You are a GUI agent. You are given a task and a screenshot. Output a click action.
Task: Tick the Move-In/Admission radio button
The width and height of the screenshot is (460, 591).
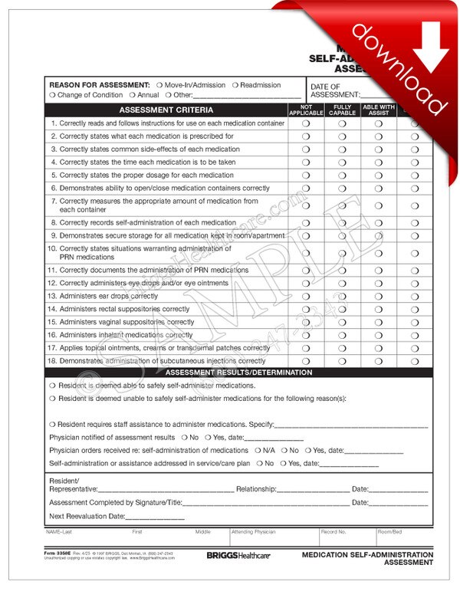pos(159,85)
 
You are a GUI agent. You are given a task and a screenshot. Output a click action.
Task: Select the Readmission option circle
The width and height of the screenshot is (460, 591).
pos(235,85)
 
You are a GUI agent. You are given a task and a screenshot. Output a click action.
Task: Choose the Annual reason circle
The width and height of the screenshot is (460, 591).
pos(132,95)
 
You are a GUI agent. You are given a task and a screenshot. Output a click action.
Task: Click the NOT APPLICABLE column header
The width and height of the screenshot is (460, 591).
pos(306,110)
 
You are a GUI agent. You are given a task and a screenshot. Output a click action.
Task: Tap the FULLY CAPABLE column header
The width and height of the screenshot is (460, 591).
pos(343,110)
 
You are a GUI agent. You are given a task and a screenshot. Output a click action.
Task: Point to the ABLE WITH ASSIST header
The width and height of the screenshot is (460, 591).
pos(379,110)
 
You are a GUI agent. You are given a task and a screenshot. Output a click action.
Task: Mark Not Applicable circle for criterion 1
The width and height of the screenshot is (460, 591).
pos(306,123)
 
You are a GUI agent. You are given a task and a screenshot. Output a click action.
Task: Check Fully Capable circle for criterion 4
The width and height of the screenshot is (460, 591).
pos(343,163)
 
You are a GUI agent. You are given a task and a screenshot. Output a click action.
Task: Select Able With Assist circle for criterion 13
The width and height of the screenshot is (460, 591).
pos(379,296)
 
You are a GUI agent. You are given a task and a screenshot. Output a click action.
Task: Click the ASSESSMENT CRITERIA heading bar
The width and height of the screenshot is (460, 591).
pos(166,110)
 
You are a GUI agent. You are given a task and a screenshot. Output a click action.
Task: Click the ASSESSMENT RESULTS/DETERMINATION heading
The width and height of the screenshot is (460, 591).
pos(240,373)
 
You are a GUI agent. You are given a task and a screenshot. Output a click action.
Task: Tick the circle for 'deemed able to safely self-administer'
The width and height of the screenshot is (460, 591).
pos(52,386)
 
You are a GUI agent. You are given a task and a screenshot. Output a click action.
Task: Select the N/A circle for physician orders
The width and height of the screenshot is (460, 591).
pos(258,451)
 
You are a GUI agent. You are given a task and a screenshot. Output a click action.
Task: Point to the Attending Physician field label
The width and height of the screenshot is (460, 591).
pos(253,531)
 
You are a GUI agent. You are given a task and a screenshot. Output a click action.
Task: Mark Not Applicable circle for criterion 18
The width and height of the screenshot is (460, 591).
pos(306,361)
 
